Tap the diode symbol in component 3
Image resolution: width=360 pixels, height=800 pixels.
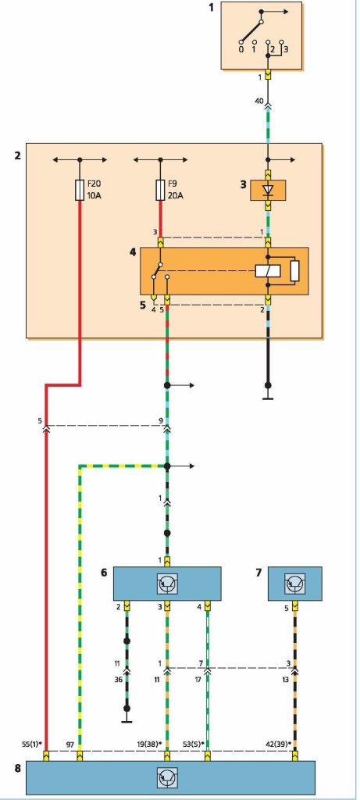point(268,191)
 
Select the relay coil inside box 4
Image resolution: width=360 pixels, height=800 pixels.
point(268,271)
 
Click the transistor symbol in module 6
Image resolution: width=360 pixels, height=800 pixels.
point(167,583)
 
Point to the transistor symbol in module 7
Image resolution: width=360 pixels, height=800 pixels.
point(295,583)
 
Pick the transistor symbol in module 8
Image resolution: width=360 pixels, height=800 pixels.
point(167,777)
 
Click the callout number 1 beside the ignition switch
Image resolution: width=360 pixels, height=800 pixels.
point(211,7)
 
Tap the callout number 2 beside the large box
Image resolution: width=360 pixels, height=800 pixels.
point(18,155)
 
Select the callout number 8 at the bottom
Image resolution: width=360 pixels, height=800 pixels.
point(18,767)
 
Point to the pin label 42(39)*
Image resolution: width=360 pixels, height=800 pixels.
point(279,745)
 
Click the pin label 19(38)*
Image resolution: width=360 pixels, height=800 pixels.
point(151,745)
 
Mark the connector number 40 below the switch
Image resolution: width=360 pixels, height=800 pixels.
point(259,101)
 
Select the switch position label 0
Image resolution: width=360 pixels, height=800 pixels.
point(241,50)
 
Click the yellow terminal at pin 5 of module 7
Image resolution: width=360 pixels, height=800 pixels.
point(295,607)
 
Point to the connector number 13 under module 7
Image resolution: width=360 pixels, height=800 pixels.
point(286,680)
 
